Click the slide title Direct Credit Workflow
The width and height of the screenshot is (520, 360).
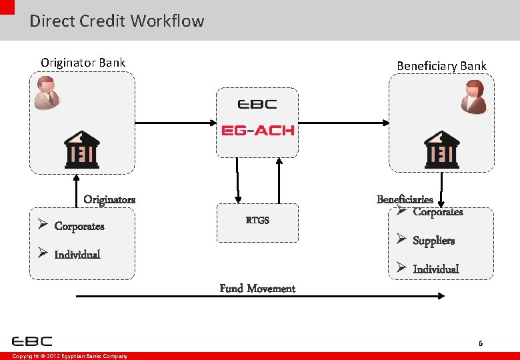(117, 21)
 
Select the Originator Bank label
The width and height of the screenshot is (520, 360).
(83, 63)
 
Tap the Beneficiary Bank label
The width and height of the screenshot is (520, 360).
(441, 65)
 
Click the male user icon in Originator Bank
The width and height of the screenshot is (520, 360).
(47, 92)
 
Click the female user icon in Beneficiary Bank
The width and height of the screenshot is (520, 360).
(474, 97)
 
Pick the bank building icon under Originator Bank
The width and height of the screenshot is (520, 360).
(81, 149)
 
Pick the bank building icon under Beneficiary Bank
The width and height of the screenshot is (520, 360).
(442, 149)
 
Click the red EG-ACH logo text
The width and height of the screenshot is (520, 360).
(257, 130)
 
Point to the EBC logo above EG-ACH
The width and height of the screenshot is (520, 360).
(257, 105)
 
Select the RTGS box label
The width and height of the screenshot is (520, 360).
(257, 220)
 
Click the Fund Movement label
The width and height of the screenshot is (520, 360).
(257, 289)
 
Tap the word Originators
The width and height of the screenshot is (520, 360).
(109, 199)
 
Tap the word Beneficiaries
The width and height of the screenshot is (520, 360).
(405, 199)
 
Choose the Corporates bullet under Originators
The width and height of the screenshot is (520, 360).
(79, 226)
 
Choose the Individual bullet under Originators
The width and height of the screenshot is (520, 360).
(77, 254)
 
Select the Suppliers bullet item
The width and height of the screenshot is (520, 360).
(433, 241)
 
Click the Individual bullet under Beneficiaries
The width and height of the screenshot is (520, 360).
(435, 269)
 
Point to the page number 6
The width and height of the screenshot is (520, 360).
(480, 343)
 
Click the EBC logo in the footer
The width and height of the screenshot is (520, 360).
(32, 341)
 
